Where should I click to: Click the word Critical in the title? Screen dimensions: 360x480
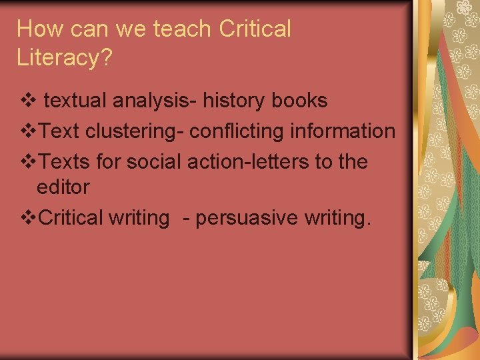pyautogui.click(x=255, y=29)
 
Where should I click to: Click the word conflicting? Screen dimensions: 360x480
pyautogui.click(x=238, y=131)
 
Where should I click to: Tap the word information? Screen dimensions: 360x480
pyautogui.click(x=343, y=131)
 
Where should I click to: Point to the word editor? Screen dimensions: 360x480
pyautogui.click(x=63, y=187)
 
